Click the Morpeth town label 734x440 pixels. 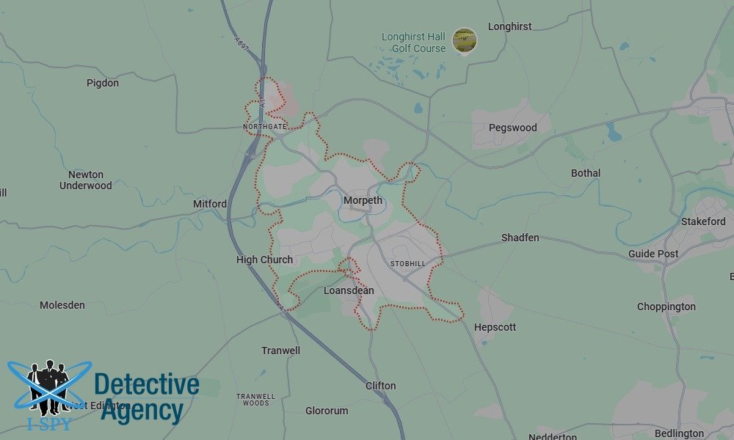(x=363, y=200)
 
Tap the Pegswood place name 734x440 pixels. (x=512, y=128)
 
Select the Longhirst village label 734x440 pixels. (x=509, y=26)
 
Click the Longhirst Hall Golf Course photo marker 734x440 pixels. (x=464, y=40)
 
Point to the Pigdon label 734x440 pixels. (x=103, y=83)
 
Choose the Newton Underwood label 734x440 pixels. (x=86, y=180)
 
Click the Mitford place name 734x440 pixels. (x=210, y=204)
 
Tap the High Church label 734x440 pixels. (x=264, y=260)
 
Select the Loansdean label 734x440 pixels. (x=349, y=290)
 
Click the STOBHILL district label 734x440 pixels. (x=407, y=263)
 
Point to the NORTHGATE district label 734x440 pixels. (x=265, y=127)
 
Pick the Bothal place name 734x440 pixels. (x=586, y=173)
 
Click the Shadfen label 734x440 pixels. (x=520, y=238)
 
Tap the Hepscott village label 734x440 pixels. (x=495, y=327)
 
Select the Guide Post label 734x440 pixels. (x=653, y=254)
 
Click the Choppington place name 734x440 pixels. (x=666, y=307)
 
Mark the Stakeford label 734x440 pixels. (x=703, y=221)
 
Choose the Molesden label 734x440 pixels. (x=62, y=305)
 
